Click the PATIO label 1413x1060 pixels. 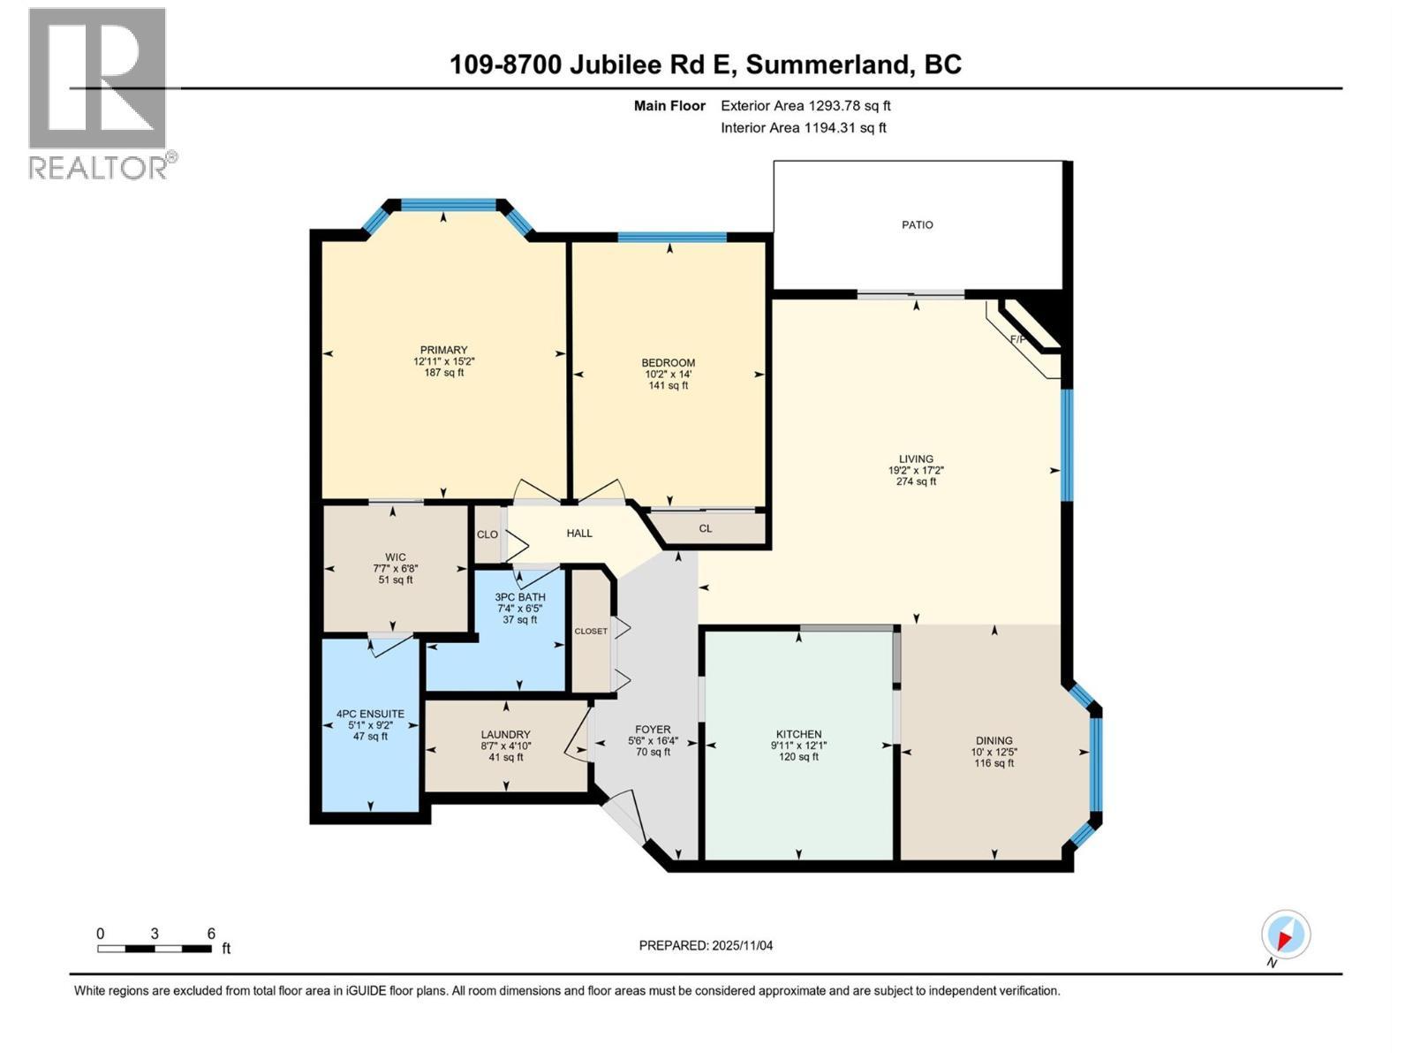point(917,225)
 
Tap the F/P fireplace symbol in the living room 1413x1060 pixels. point(1020,338)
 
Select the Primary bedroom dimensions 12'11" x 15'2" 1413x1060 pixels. point(443,361)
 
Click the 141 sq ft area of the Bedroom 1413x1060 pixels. point(668,385)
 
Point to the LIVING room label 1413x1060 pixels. point(916,459)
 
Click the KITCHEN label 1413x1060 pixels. point(798,734)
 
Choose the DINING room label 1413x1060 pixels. point(994,741)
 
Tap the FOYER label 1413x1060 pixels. point(653,730)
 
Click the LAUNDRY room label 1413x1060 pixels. point(505,735)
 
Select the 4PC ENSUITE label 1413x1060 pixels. point(370,714)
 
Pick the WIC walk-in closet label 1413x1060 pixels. point(395,557)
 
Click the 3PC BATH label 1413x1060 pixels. point(520,597)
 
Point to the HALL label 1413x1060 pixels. point(579,534)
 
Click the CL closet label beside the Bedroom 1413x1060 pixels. point(705,529)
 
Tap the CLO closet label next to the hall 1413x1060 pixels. point(487,534)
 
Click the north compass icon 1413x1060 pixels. point(1285,935)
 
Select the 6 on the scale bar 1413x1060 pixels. point(211,934)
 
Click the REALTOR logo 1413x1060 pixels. point(99,93)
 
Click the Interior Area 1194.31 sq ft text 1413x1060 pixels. point(803,128)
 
